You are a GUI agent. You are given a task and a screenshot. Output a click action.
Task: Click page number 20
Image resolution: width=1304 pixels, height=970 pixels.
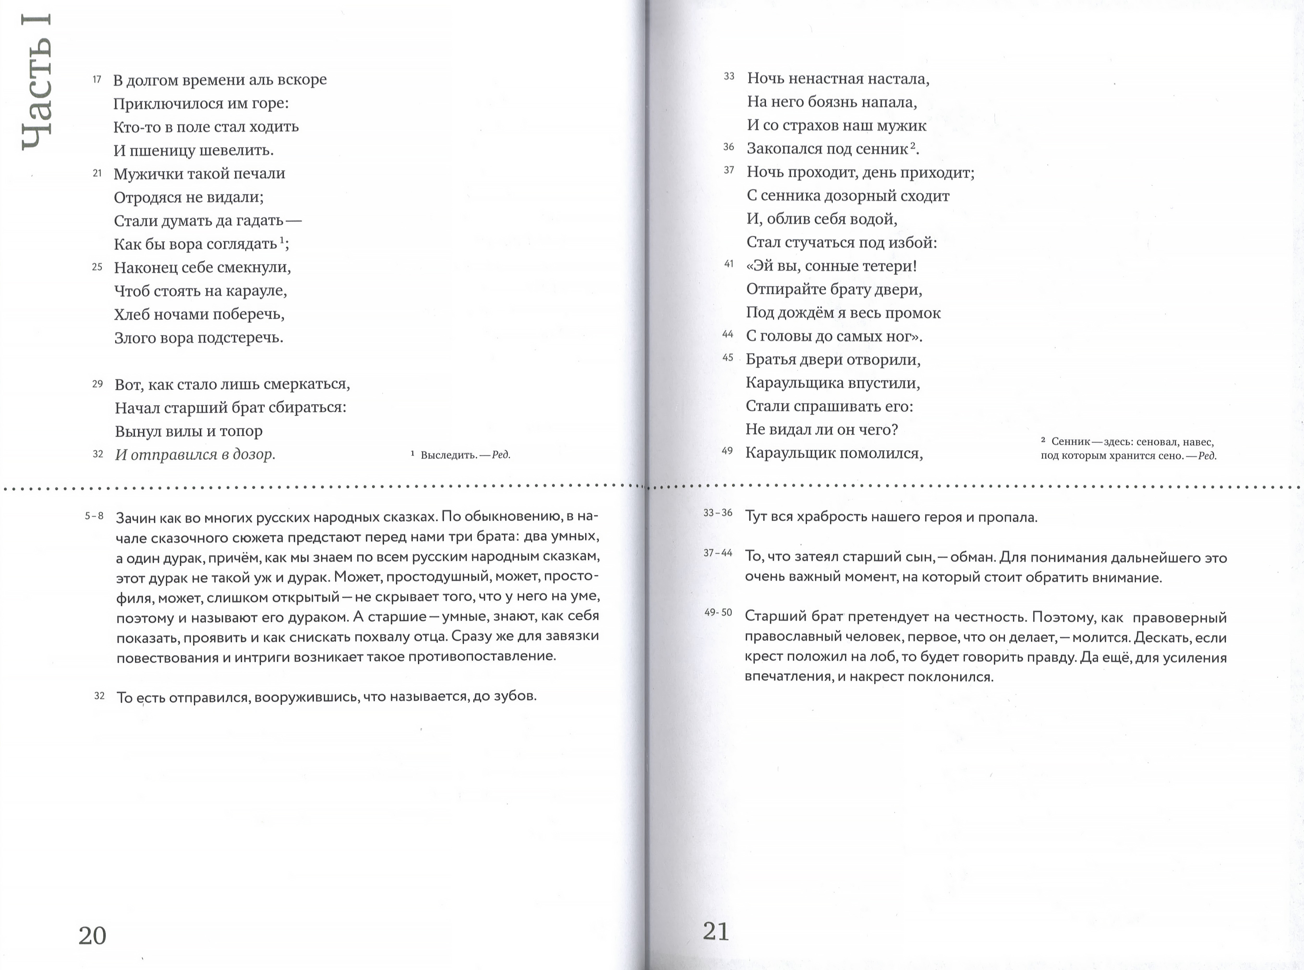point(92,935)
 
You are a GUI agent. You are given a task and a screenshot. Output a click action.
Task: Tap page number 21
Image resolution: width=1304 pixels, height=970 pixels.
point(716,931)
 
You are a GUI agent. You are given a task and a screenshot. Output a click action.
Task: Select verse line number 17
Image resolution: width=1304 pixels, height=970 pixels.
point(97,79)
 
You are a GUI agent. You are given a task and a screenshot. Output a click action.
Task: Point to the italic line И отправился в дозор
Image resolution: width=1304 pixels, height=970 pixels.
point(195,454)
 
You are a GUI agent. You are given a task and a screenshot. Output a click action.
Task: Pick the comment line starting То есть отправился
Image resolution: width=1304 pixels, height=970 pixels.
point(327,697)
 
